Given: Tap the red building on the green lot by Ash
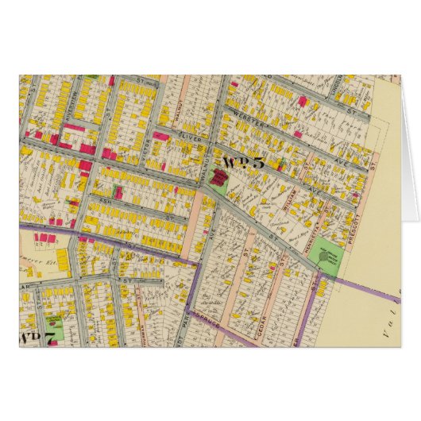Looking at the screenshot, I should coord(118,192).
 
